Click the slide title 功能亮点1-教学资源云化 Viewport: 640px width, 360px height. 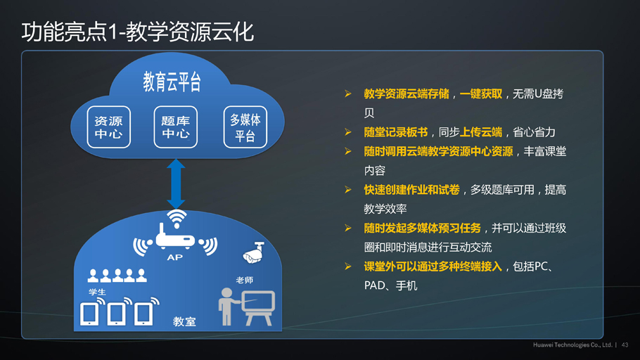coord(138,32)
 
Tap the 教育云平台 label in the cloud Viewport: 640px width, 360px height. coord(172,82)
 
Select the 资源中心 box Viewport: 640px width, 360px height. coord(108,127)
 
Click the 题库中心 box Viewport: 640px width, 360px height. coord(176,127)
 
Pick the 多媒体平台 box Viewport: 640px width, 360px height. coord(245,127)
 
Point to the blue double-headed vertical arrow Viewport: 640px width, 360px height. coord(176,184)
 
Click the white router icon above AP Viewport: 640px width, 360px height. coord(176,238)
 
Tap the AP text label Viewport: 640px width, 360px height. coord(174,257)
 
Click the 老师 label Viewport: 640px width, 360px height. coord(245,280)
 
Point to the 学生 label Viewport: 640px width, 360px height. coord(97,292)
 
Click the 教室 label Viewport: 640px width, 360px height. coord(184,321)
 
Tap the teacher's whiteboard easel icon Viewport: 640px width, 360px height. coord(258,307)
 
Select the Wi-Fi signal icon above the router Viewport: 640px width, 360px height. coord(177,219)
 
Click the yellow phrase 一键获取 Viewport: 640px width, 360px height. coord(481,94)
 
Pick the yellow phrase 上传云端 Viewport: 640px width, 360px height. coord(481,132)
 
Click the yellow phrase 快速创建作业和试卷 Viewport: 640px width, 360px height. coord(412,190)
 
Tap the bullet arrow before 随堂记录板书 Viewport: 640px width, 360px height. coord(348,132)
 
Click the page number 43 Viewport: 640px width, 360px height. coord(625,345)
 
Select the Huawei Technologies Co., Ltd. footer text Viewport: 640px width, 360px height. coord(572,345)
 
